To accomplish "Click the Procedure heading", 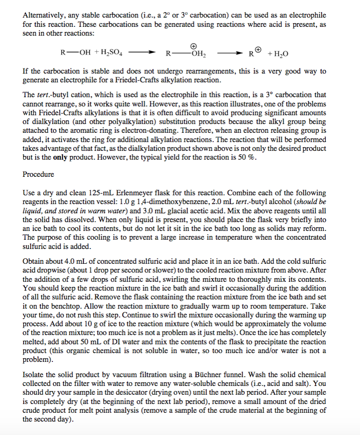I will tap(38, 174).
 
